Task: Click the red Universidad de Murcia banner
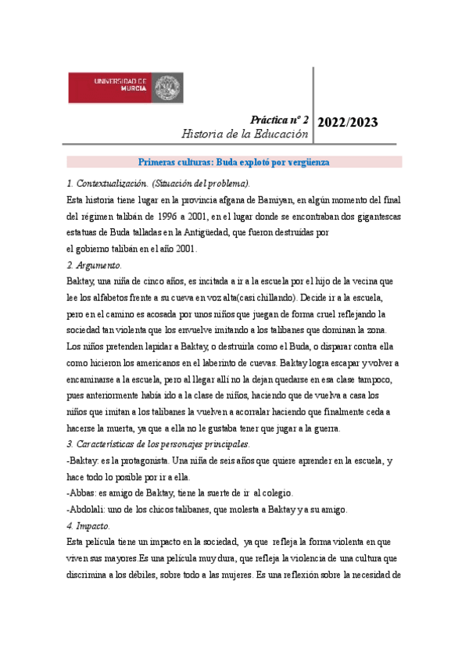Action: click(125, 87)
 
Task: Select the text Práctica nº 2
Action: click(279, 120)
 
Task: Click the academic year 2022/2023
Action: click(348, 122)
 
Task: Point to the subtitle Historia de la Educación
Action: click(245, 134)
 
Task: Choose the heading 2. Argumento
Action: click(95, 264)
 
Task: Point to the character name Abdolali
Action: click(89, 510)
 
